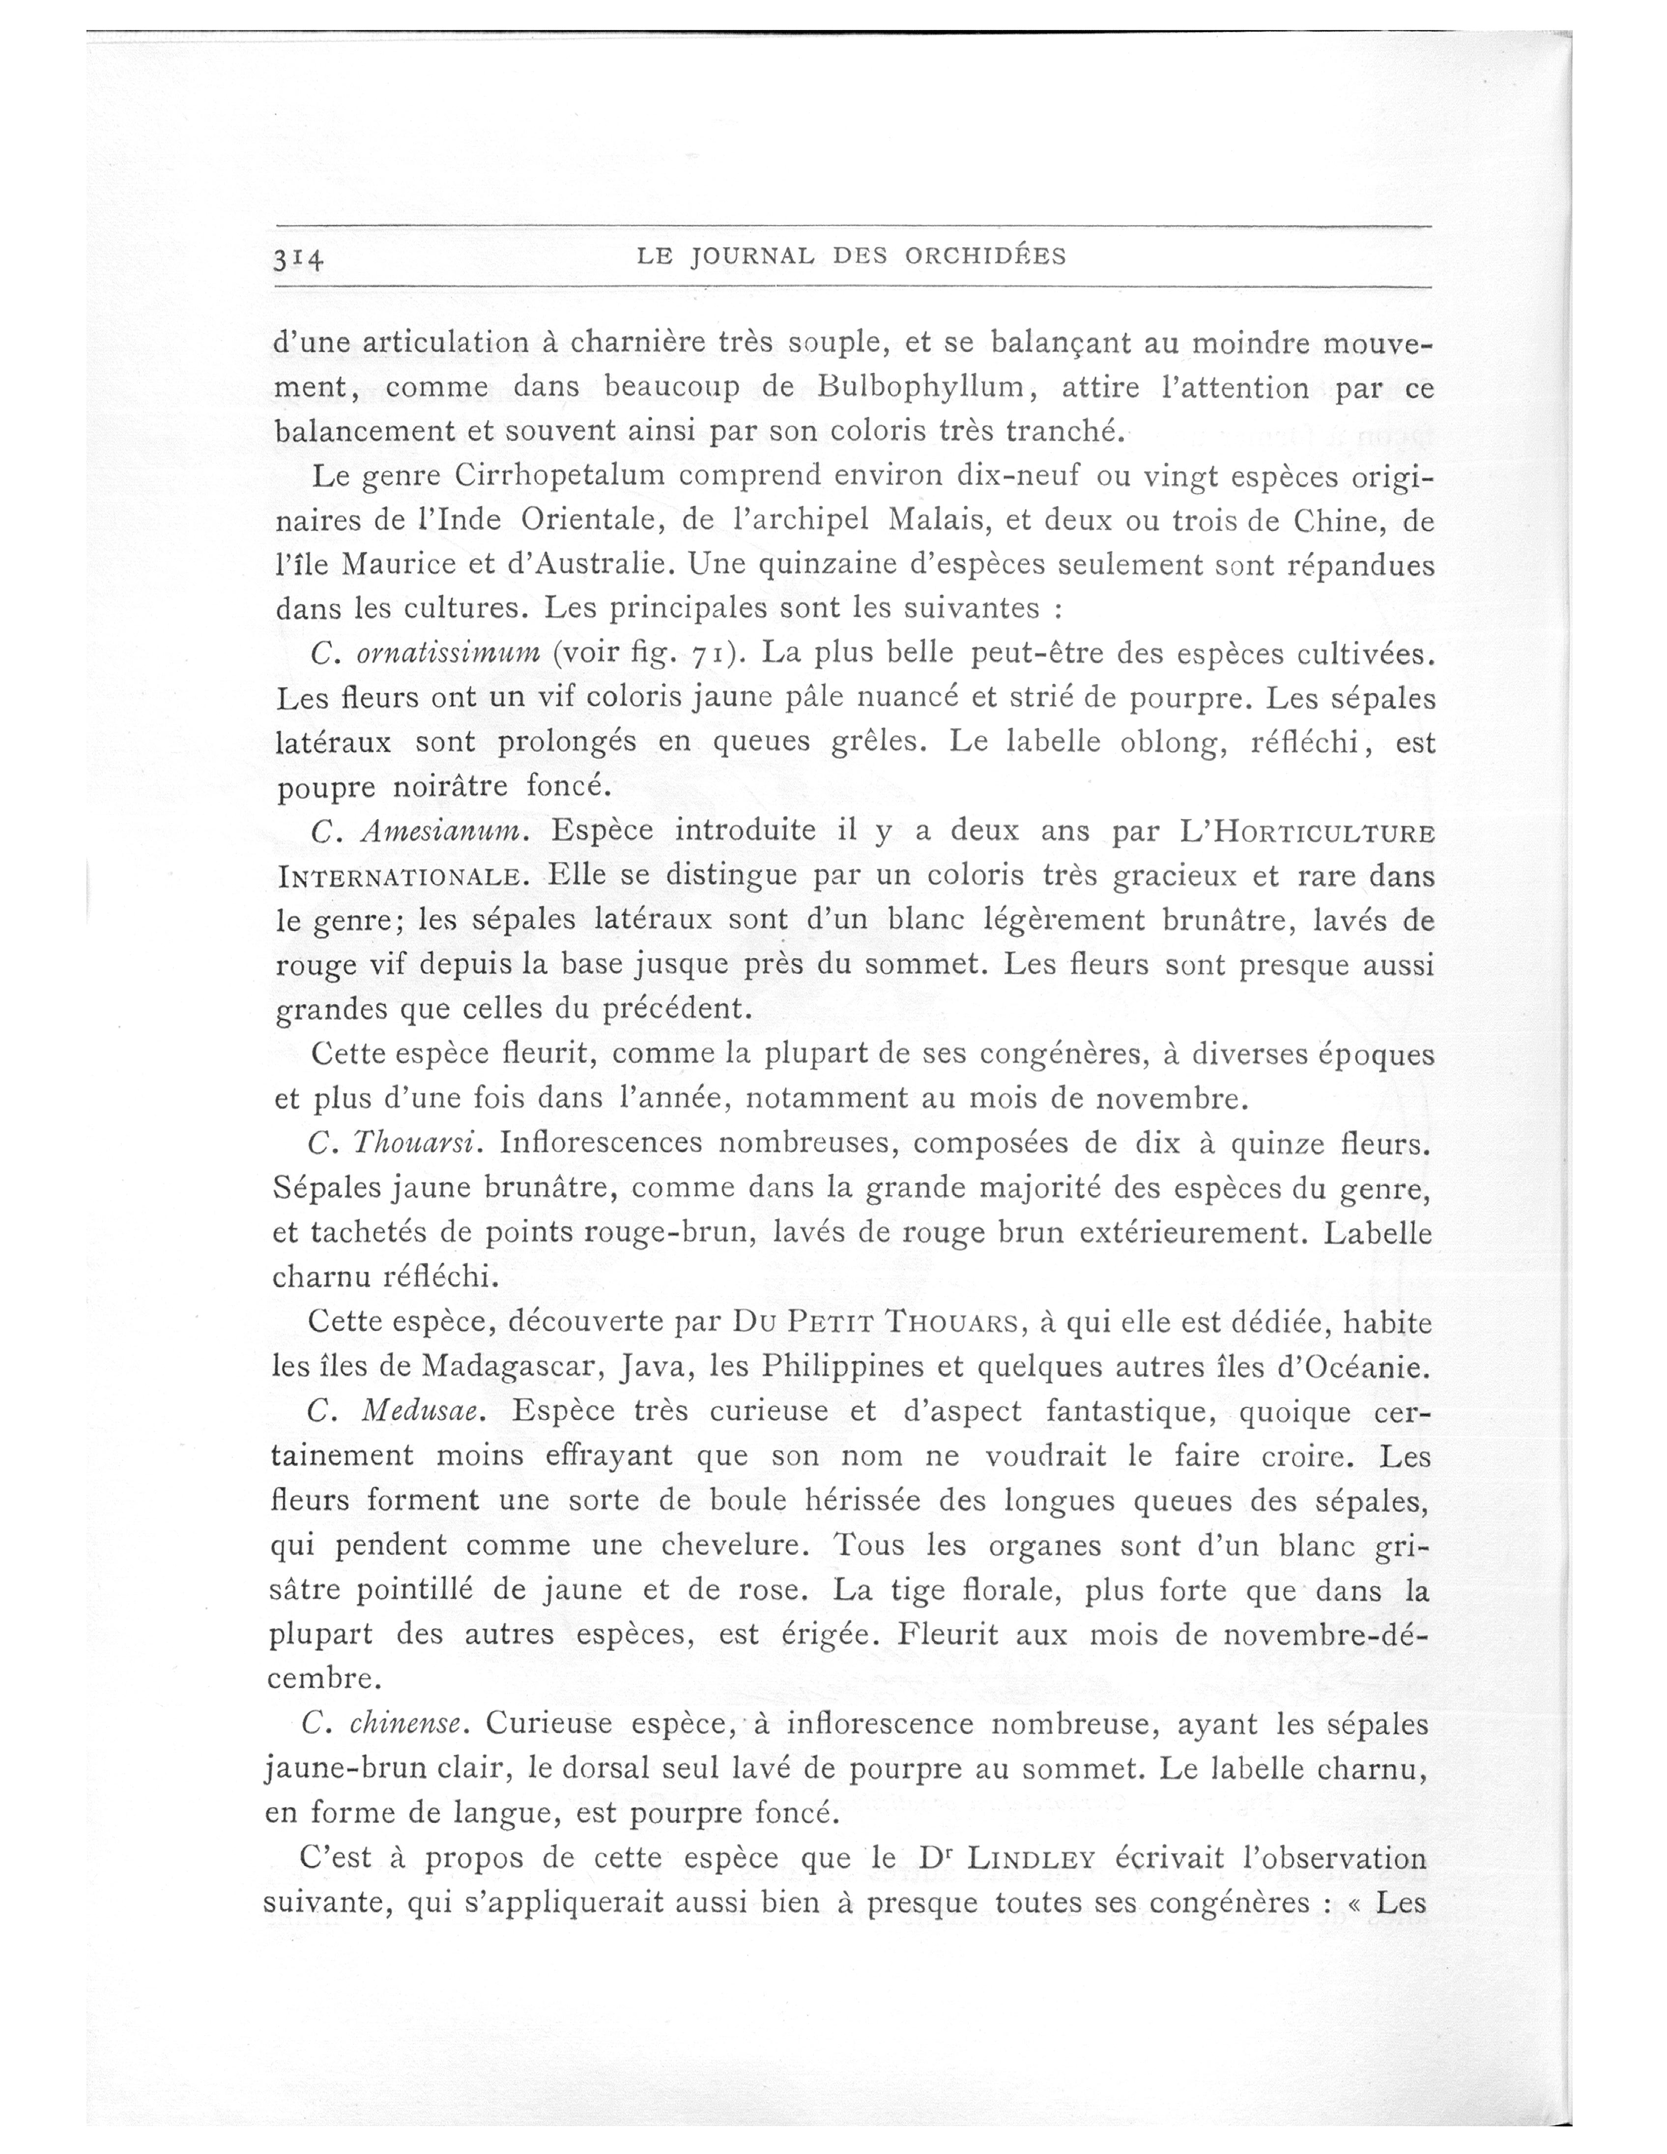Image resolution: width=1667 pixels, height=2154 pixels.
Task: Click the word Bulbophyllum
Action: tap(924, 388)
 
